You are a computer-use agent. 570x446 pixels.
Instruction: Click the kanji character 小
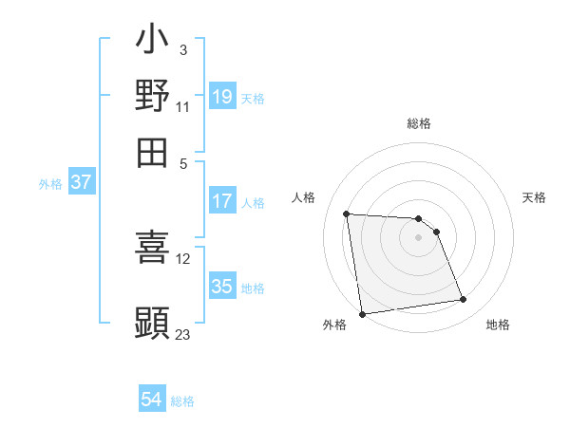[152, 41]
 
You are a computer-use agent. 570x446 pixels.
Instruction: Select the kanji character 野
[152, 96]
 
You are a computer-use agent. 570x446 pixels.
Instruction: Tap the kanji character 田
[152, 152]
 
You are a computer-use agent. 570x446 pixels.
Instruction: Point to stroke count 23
[182, 334]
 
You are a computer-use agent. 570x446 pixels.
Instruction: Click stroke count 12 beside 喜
[183, 258]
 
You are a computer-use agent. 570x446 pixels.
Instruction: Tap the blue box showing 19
[222, 96]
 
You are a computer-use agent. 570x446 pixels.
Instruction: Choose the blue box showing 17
[222, 200]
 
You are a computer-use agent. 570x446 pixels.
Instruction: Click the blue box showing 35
[222, 286]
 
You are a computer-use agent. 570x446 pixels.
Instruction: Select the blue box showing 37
[81, 182]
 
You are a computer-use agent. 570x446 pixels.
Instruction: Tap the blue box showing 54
[152, 400]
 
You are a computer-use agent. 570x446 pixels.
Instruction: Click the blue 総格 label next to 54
[182, 401]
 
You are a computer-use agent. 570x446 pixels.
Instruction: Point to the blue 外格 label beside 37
[50, 184]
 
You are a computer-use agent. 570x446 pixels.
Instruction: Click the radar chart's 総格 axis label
[419, 123]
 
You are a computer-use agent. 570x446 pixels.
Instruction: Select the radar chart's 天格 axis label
[534, 197]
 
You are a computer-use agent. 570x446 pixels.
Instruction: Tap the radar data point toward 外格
[362, 314]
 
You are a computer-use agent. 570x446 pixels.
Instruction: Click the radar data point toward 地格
[464, 300]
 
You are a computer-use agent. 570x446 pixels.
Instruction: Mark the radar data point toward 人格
[347, 214]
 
